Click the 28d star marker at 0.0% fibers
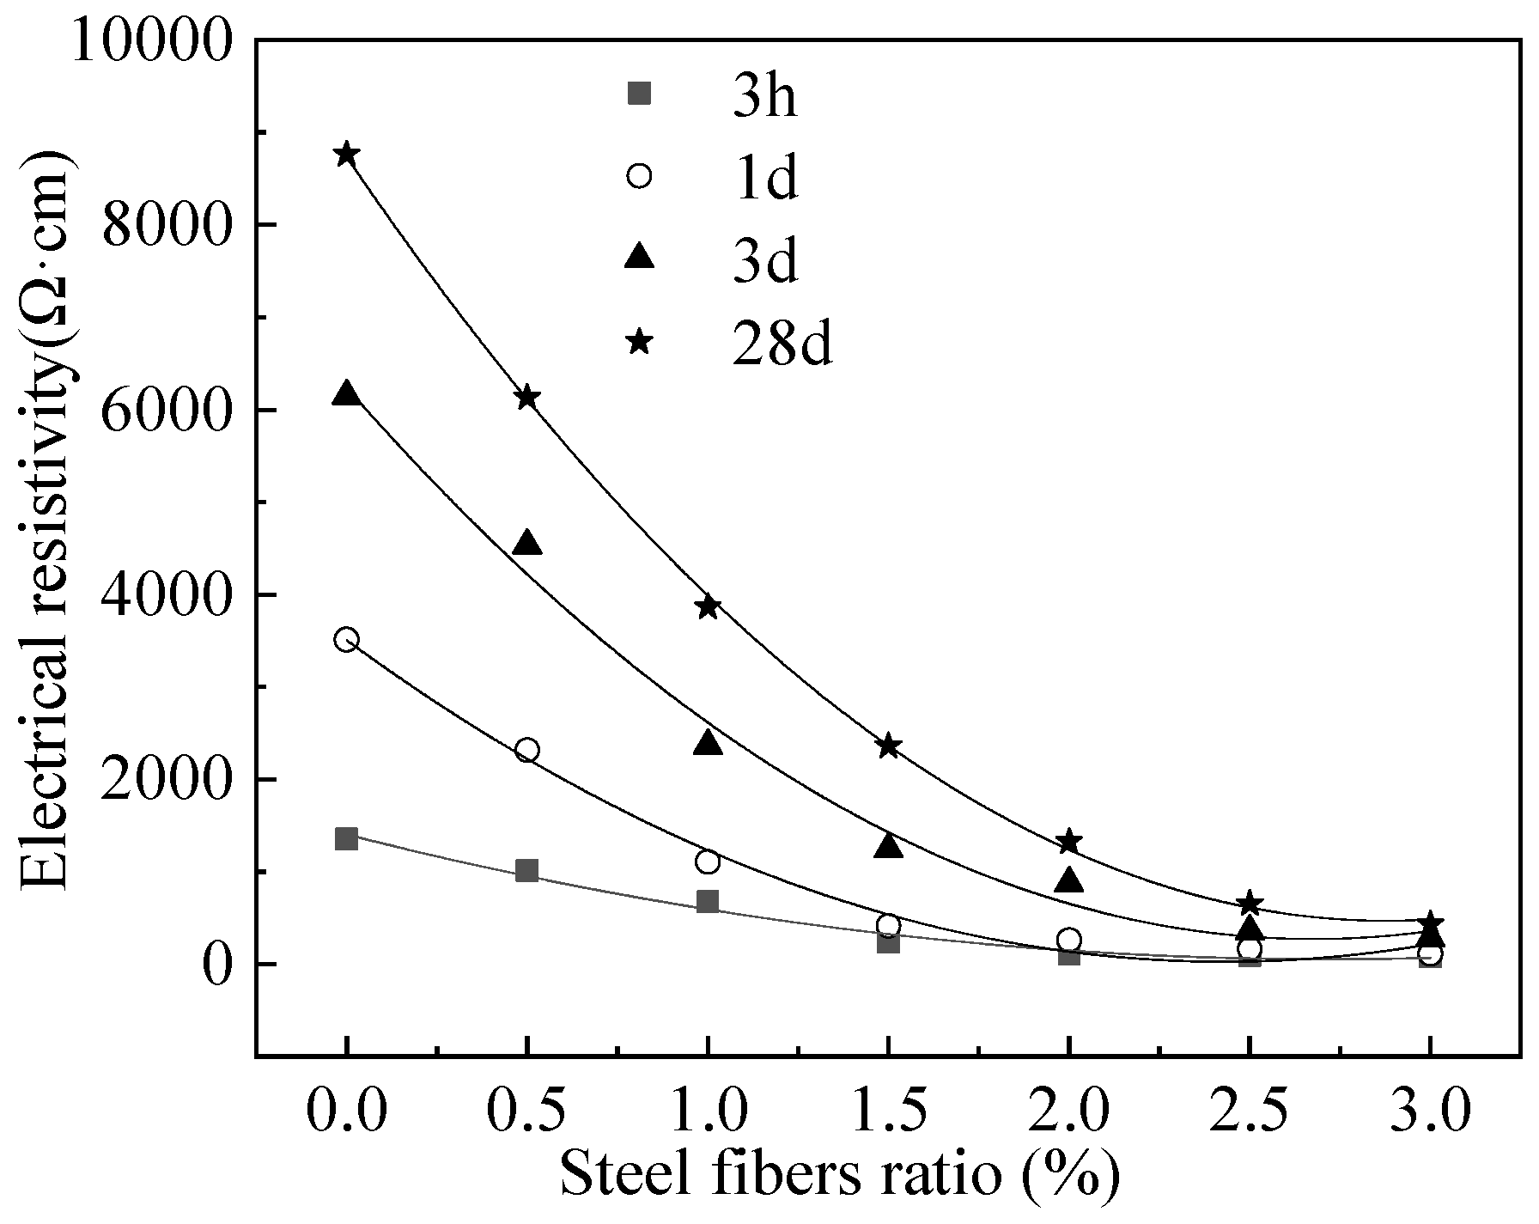347,155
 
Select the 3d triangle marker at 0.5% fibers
527,544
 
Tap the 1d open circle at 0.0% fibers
347,639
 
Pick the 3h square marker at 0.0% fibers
347,838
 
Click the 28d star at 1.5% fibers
889,746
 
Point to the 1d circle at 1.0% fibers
708,862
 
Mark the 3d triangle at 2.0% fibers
1069,880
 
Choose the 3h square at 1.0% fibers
708,901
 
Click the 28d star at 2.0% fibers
1069,842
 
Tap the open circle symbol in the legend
640,176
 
